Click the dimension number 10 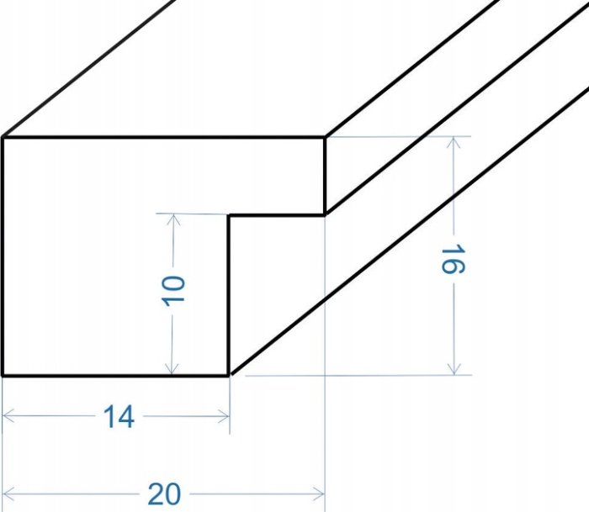click(x=173, y=290)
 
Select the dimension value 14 click(x=119, y=416)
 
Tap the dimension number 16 click(x=453, y=261)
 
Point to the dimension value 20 click(x=164, y=494)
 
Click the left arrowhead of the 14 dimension click(x=8, y=415)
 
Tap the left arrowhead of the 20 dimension click(x=8, y=492)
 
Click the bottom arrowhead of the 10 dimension click(x=173, y=369)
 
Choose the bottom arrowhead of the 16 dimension click(x=455, y=369)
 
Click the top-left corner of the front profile click(x=3, y=137)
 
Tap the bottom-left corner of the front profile click(x=3, y=374)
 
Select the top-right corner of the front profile click(x=325, y=137)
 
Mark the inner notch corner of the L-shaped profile click(x=230, y=215)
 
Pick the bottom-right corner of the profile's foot click(x=230, y=374)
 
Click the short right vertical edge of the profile click(x=325, y=176)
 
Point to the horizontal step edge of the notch click(x=278, y=215)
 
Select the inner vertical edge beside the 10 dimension click(x=230, y=294)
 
